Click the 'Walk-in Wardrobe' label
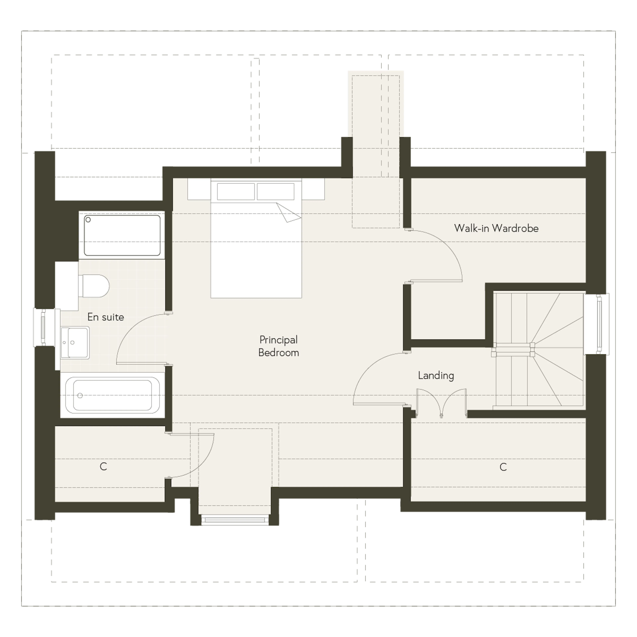[496, 228]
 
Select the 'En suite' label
[106, 317]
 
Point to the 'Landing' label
[436, 376]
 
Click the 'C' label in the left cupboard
[103, 466]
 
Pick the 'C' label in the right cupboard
[503, 467]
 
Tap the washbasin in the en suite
[75, 343]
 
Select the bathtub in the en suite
[112, 395]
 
